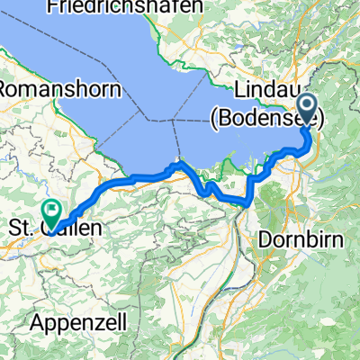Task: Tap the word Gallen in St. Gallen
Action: pos(71,228)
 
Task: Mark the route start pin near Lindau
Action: pos(307,110)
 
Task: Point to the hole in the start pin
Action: pos(307,106)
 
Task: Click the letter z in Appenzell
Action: pos(86,321)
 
